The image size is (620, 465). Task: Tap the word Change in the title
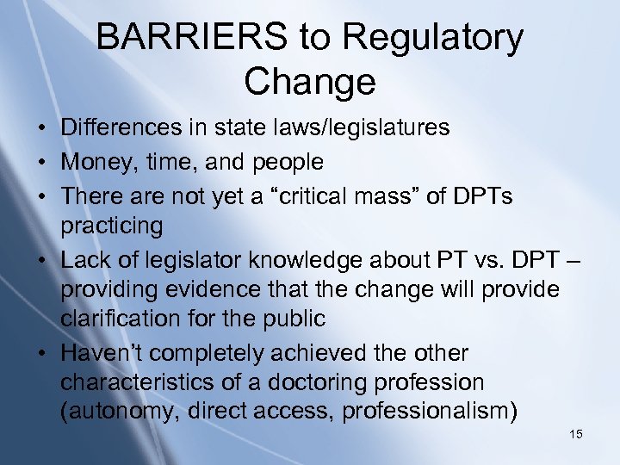click(309, 82)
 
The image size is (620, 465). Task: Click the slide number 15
click(576, 434)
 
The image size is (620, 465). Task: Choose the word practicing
click(111, 226)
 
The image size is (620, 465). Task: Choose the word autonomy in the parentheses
click(118, 412)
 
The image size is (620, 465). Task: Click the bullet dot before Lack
click(41, 260)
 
